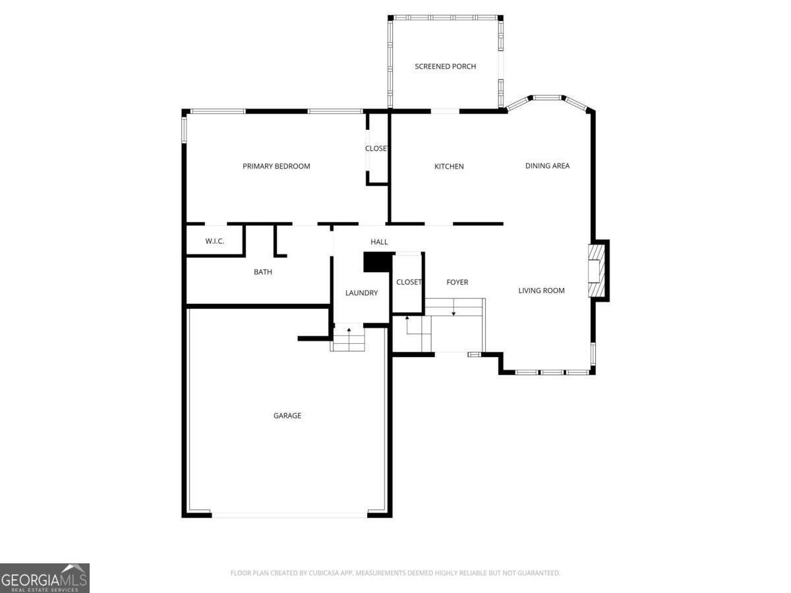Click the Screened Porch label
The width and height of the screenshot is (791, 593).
tap(445, 67)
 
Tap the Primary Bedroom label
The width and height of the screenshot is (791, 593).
tap(276, 166)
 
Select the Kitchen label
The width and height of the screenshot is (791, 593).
tap(449, 166)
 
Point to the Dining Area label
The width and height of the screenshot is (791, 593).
tap(547, 165)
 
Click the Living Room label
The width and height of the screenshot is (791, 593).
tap(541, 291)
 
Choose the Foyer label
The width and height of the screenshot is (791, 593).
tap(457, 282)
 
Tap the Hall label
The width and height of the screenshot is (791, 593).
tap(379, 242)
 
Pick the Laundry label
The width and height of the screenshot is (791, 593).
tap(361, 293)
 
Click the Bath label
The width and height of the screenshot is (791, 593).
tap(263, 272)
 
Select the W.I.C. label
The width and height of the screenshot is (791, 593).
tap(214, 241)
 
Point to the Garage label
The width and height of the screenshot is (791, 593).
tap(287, 416)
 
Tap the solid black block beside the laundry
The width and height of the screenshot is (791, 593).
tap(377, 262)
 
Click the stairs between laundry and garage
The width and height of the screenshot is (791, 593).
tap(347, 339)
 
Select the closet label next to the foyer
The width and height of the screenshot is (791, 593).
tap(409, 282)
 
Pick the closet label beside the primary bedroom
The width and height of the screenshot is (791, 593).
tap(376, 148)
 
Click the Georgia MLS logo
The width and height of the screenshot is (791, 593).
tap(45, 579)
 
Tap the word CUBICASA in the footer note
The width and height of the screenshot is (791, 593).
tap(324, 573)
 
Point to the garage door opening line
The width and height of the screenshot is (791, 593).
tap(289, 517)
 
